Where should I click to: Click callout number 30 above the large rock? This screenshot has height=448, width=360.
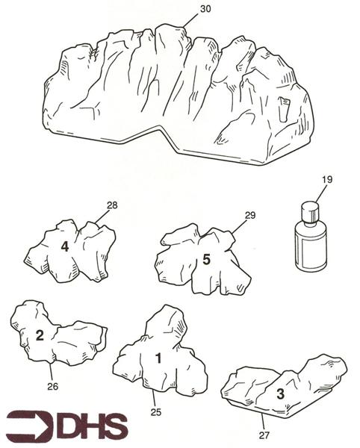[205, 9]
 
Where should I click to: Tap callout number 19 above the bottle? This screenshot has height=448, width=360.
[327, 180]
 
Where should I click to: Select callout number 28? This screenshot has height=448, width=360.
[112, 205]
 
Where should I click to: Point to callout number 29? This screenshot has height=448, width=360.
[250, 216]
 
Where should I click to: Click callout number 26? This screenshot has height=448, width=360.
[53, 387]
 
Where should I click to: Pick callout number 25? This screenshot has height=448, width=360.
[156, 412]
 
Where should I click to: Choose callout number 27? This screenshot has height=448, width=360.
[264, 435]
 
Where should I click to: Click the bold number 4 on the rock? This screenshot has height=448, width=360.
[65, 246]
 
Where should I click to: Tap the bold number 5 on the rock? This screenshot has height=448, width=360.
[206, 259]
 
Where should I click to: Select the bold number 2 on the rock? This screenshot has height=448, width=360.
[40, 335]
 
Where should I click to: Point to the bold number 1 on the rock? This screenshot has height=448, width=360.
[158, 358]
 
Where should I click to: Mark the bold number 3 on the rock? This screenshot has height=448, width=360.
[281, 394]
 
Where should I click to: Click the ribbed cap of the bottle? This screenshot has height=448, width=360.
[310, 211]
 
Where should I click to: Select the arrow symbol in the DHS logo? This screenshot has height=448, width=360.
[30, 426]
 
